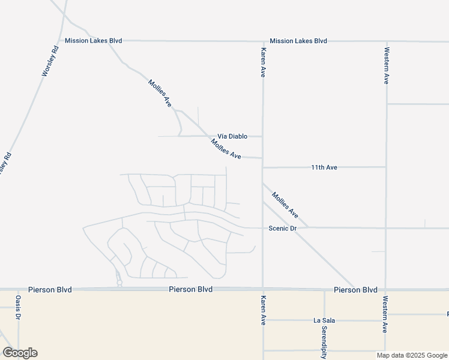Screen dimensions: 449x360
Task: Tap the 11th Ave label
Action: [324, 167]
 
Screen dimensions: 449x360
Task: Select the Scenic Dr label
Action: [282, 228]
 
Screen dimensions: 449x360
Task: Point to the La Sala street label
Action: [324, 320]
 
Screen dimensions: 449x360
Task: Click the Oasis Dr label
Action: [19, 307]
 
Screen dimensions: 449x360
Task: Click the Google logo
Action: [20, 353]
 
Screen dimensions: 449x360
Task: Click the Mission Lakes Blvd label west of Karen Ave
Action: [94, 41]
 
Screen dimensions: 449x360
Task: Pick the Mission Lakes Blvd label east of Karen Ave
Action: [298, 41]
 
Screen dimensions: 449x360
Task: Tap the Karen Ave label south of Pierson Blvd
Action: [262, 310]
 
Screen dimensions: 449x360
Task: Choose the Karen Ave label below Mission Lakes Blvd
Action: [262, 62]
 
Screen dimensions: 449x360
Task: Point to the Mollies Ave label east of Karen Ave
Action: [285, 205]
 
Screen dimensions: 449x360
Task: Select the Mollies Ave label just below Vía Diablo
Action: [226, 149]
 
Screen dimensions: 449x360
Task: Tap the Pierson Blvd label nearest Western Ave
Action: [355, 290]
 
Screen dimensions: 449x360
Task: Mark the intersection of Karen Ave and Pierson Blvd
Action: [262, 289]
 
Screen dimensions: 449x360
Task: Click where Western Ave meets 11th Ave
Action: [386, 167]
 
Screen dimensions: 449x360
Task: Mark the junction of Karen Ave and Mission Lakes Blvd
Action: [262, 41]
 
